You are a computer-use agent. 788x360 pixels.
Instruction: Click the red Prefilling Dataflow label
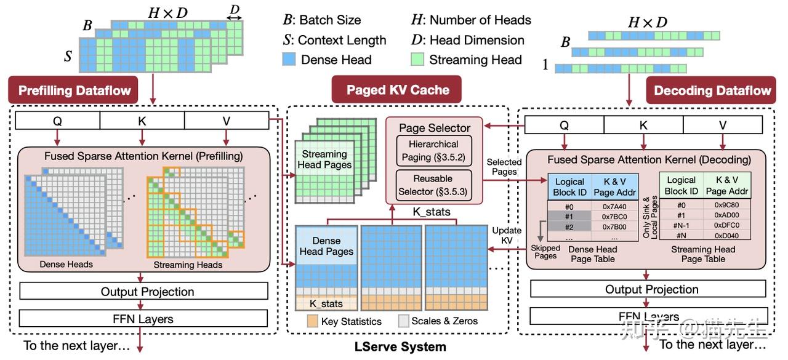[x=74, y=90]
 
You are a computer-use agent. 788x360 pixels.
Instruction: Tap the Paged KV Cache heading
[x=398, y=90]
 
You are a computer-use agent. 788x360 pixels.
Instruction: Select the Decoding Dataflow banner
[x=712, y=90]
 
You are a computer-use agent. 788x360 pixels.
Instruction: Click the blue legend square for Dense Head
[x=289, y=60]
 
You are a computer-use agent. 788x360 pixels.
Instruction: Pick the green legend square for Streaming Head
[x=418, y=60]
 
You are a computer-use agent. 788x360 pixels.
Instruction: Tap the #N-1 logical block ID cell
[x=681, y=226]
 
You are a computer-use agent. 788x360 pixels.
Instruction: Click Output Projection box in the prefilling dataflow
[x=144, y=291]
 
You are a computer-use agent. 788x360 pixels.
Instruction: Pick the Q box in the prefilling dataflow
[x=57, y=121]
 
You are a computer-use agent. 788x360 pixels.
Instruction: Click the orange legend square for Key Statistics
[x=312, y=321]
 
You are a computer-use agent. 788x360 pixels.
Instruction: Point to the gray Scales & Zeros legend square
[x=404, y=321]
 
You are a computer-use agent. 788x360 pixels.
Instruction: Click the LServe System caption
[x=400, y=347]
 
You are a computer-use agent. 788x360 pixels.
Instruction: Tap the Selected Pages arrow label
[x=504, y=167]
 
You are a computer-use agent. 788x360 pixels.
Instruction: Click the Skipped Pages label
[x=545, y=252]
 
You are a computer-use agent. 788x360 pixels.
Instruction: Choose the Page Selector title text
[x=435, y=128]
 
